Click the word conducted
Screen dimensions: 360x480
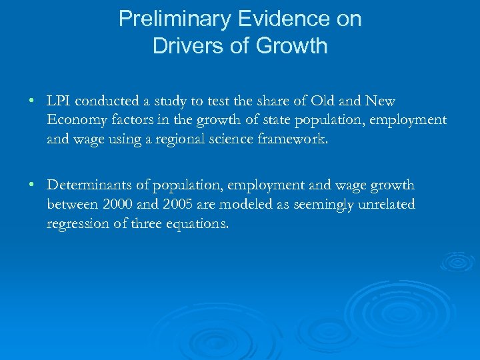(104, 101)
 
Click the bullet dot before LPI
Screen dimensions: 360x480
(31, 102)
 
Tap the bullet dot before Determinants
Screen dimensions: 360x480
(31, 186)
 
